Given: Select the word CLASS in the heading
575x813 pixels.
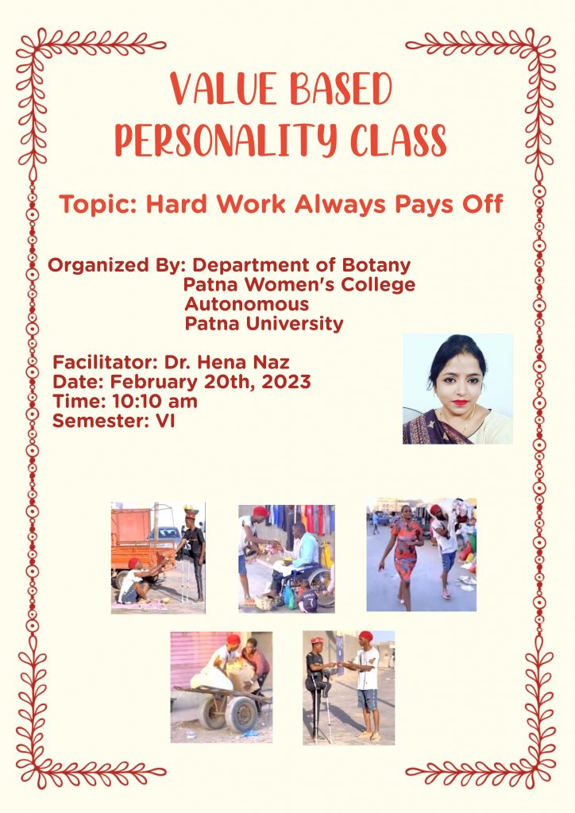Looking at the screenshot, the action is point(398,140).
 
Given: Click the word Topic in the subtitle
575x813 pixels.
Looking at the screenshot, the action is point(97,204).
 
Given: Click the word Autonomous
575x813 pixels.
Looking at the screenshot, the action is point(247,304).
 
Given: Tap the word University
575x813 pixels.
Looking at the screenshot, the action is point(294,324).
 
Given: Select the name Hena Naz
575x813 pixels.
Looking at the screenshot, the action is point(251,362).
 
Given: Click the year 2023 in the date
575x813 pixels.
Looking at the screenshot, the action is point(286,382).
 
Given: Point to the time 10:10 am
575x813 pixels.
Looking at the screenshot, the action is point(154,401).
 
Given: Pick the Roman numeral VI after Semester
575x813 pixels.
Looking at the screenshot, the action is point(165,421).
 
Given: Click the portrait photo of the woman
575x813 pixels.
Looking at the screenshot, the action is point(457,389).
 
